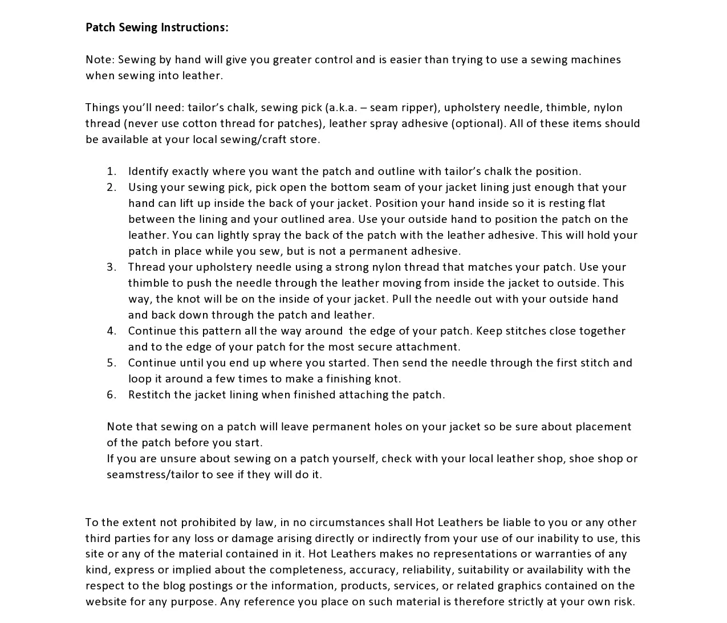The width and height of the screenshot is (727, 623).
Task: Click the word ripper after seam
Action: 418,108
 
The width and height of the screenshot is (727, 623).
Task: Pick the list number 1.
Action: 111,172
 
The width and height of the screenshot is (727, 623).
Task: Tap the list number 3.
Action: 111,267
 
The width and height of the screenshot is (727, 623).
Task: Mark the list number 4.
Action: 111,331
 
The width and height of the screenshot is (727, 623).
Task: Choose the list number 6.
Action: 111,395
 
